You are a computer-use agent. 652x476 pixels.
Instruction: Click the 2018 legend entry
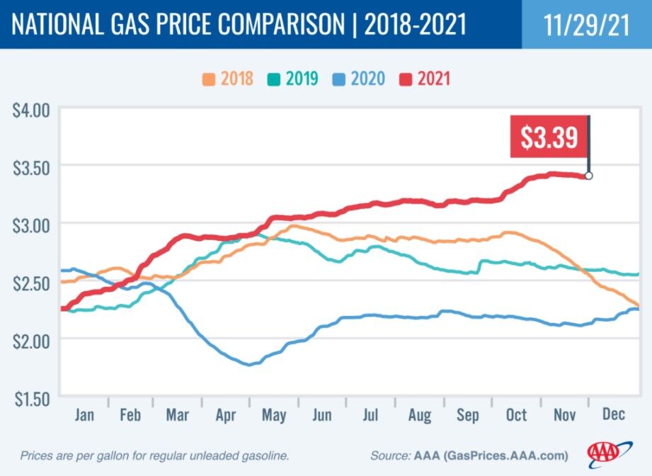228,78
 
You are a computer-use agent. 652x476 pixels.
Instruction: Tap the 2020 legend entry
360,78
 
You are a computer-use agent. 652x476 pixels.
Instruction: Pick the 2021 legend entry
425,78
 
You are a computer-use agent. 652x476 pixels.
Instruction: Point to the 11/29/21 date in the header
586,24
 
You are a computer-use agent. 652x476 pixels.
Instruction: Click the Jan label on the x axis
84,414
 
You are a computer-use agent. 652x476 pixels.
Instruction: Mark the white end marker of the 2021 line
588,176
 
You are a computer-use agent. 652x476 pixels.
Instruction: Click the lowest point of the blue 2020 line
248,365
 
